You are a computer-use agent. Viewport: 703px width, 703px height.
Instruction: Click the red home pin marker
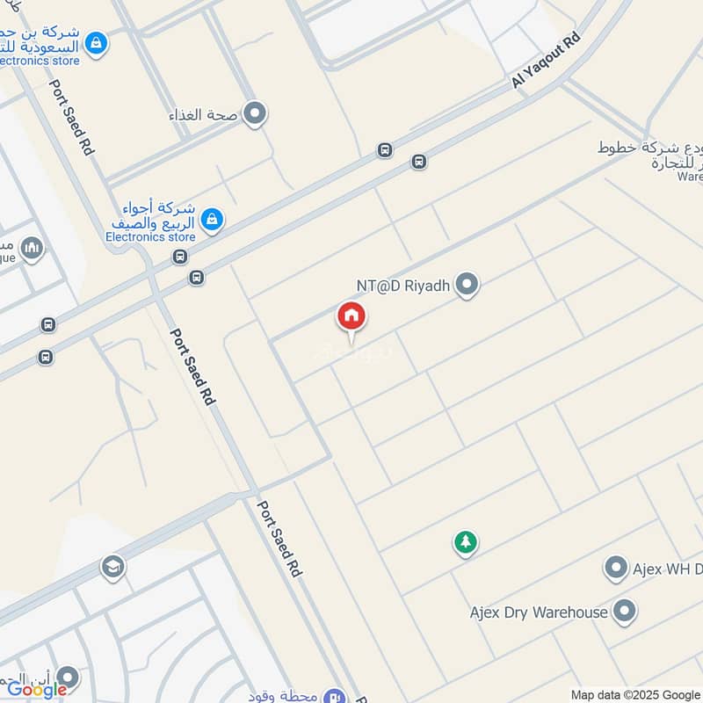(351, 316)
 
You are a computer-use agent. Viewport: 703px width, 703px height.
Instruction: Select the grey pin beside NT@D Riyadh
(467, 285)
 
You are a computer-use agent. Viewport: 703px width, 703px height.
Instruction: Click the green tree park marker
(465, 542)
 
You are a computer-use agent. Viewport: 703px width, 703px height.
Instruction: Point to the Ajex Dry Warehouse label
(539, 612)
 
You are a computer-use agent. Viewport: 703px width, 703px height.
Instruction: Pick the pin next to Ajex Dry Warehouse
(625, 612)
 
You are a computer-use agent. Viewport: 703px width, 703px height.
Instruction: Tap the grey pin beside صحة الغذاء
(255, 113)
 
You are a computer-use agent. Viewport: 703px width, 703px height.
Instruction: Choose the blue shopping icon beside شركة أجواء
(211, 219)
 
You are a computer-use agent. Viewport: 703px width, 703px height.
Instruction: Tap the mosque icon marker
(33, 249)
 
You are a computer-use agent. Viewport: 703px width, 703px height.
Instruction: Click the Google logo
(38, 690)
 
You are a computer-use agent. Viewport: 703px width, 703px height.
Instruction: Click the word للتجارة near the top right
(678, 163)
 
